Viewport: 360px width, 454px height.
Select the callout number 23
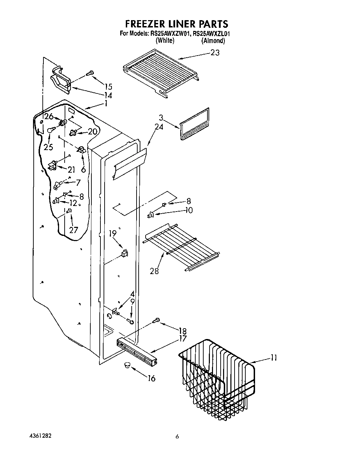(215, 53)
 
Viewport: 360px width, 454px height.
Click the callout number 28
(154, 271)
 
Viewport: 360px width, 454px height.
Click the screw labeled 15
(90, 73)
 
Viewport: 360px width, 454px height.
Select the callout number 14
(108, 95)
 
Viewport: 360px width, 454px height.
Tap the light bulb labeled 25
(51, 130)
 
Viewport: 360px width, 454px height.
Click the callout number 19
(113, 233)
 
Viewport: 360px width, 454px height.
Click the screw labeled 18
(156, 321)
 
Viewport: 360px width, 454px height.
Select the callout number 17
(182, 338)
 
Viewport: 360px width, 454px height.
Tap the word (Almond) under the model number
(213, 41)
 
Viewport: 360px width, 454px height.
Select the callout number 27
(73, 230)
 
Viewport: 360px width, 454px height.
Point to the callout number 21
(71, 170)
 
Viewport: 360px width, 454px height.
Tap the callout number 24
(159, 127)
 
